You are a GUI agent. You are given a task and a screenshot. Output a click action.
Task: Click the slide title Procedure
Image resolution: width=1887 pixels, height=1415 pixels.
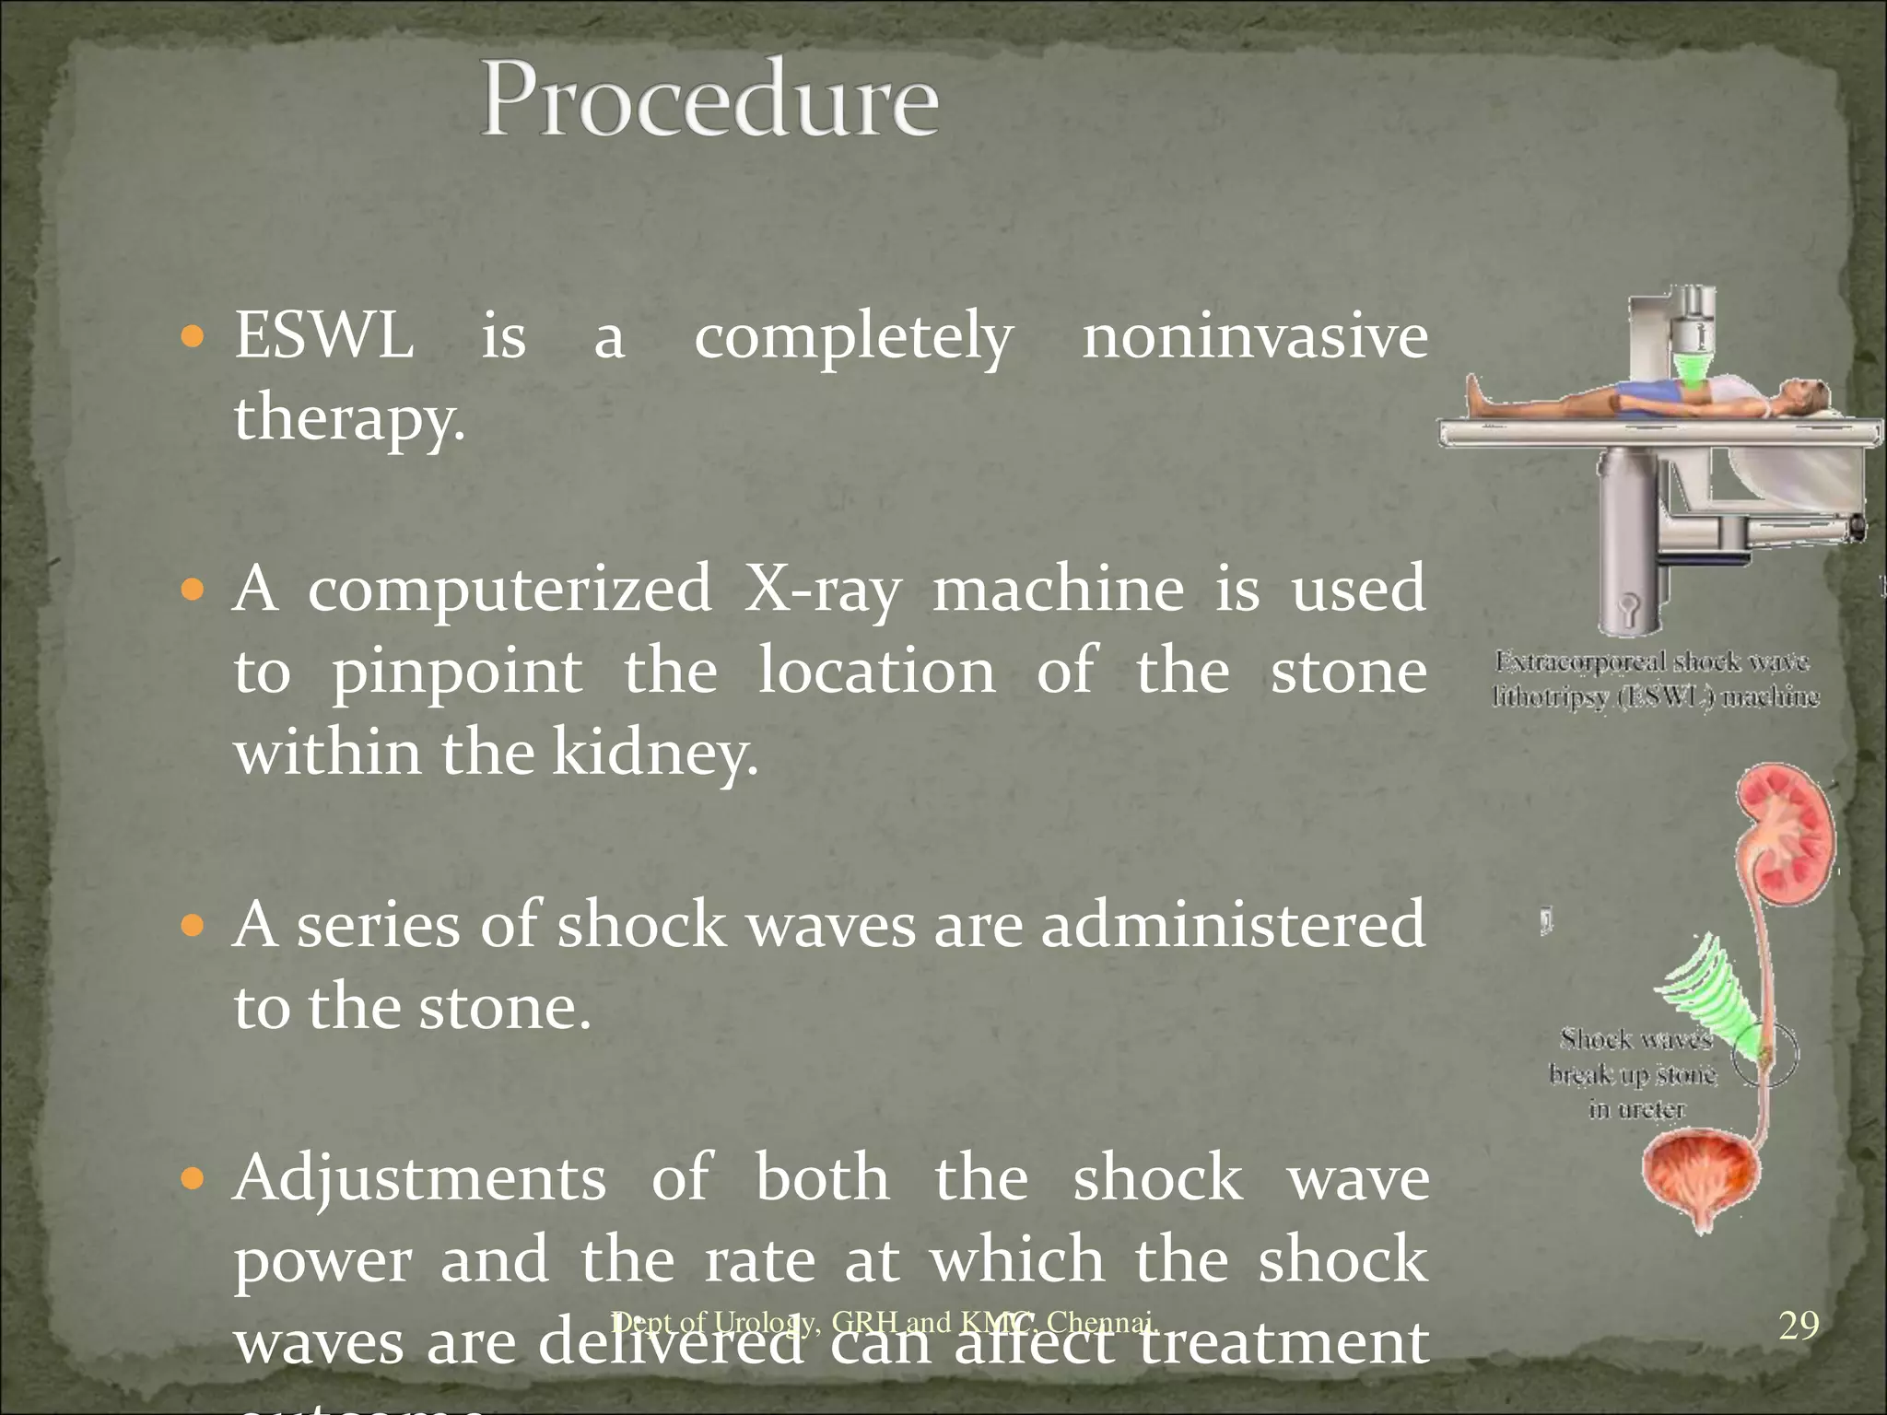709,99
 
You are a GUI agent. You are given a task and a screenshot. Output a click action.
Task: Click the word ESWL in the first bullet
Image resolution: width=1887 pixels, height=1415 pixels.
323,336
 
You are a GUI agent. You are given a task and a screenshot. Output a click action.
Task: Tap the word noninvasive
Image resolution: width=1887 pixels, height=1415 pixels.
1255,336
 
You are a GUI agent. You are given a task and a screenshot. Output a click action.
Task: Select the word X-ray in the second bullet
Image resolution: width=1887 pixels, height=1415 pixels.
822,590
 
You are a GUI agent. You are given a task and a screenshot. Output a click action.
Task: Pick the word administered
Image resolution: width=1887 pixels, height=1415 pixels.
1233,925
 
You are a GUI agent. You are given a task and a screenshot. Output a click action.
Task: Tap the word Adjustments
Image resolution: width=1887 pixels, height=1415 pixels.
419,1178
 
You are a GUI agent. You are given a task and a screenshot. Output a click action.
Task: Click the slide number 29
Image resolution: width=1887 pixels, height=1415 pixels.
1798,1326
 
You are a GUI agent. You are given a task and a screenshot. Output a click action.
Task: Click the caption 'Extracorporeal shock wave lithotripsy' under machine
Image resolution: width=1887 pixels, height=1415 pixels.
1655,679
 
